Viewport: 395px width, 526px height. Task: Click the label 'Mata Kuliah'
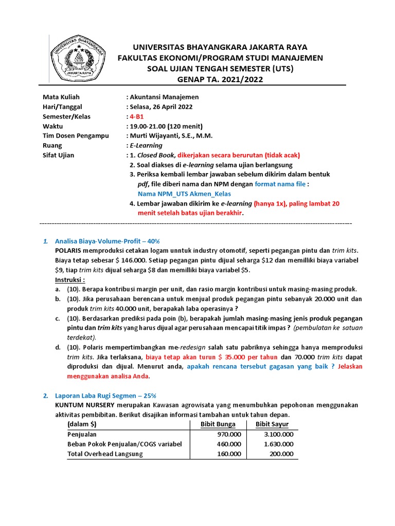click(x=61, y=97)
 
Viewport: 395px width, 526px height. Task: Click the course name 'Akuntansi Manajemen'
click(x=164, y=97)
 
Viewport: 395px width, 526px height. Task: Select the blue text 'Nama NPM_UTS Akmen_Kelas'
click(x=184, y=194)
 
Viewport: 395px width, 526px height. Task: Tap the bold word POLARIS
click(x=69, y=250)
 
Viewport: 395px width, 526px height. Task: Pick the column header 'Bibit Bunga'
click(x=218, y=424)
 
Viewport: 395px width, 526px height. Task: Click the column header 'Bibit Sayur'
click(x=272, y=424)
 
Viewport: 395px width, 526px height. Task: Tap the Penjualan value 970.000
click(x=228, y=434)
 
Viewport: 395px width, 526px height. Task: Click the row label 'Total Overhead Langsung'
click(x=105, y=454)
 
